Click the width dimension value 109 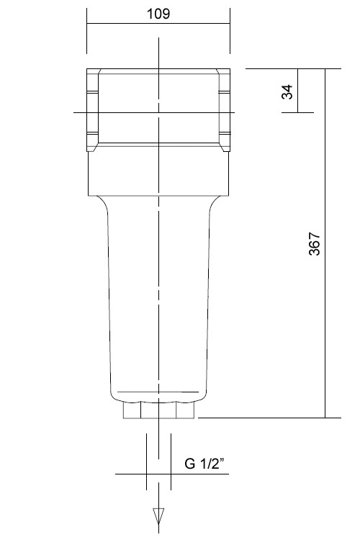(158, 14)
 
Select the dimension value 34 (287, 91)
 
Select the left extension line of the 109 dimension (87, 32)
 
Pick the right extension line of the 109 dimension (230, 32)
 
